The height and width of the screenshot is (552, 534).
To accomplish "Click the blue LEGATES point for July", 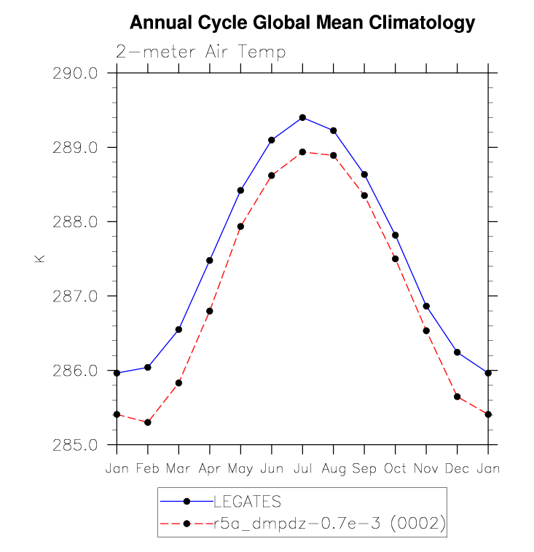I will pos(302,117).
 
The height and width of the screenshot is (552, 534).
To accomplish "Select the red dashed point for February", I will pos(148,422).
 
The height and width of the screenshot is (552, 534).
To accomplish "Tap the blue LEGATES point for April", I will pos(210,260).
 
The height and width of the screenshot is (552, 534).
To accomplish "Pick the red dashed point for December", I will pos(457,397).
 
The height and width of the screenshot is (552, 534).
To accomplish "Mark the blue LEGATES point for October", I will pos(395,235).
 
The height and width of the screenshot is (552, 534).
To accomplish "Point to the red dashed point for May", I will pos(240,226).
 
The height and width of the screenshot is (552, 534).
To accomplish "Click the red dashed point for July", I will pos(302,151).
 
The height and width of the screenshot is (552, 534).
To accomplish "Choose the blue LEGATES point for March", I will pos(178,329).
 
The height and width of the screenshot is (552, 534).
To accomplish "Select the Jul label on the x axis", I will pos(302,469).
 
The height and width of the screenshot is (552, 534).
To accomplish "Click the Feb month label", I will pos(148,469).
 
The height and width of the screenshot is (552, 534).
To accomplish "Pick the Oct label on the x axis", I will pos(395,469).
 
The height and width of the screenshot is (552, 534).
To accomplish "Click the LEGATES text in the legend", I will pos(247,502).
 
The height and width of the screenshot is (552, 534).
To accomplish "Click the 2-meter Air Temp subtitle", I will pos(200,52).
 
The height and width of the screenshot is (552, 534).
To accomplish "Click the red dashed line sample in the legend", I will pos(186,523).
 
